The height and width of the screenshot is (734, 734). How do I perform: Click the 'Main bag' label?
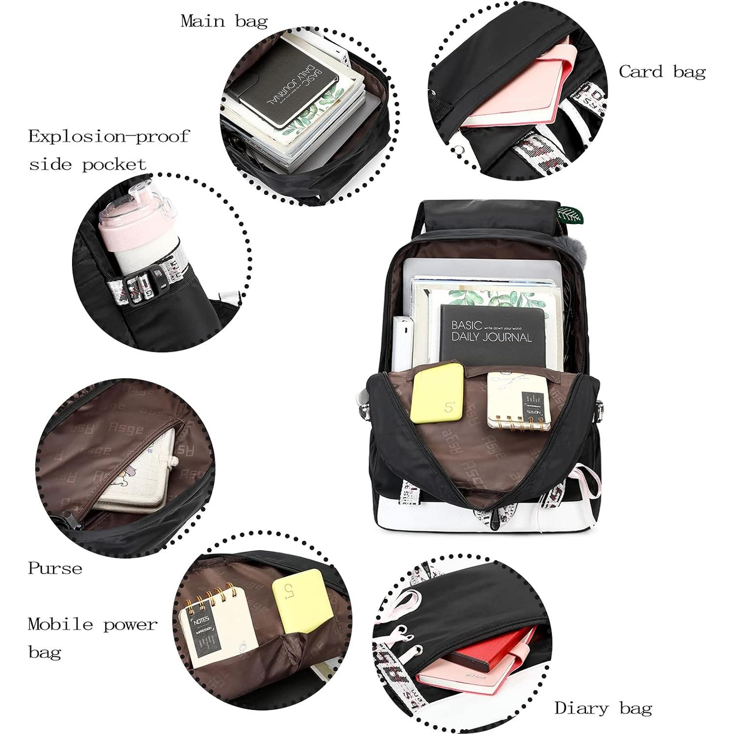pos(224,21)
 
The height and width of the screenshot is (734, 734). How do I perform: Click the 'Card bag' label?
pos(662,72)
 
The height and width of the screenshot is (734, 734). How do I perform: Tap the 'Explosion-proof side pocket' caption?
pos(108,149)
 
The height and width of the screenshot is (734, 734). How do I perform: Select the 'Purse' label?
pos(55,568)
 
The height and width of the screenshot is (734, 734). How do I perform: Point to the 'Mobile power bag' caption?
pos(92,638)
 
